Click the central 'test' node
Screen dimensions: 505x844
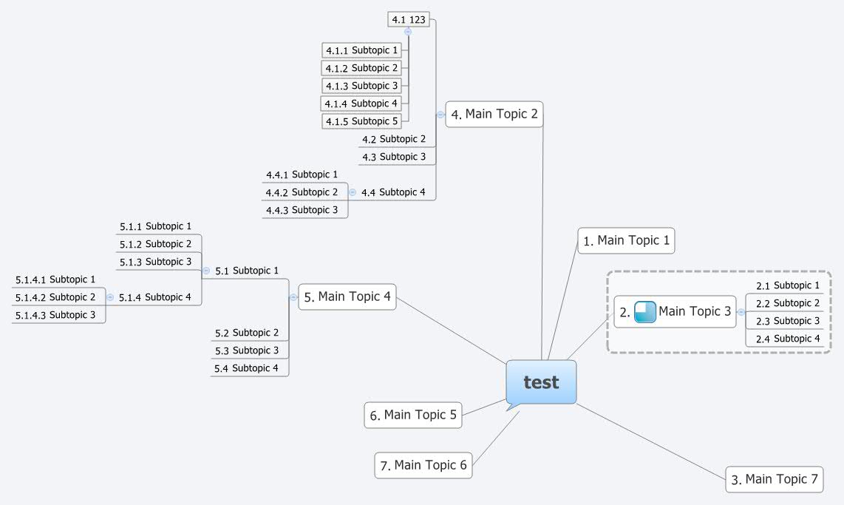[x=541, y=382]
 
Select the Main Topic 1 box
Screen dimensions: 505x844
[x=626, y=240]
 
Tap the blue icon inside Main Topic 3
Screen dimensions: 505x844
[x=645, y=312]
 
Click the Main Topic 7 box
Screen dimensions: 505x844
[x=774, y=479]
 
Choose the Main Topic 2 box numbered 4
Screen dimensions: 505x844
[x=494, y=115]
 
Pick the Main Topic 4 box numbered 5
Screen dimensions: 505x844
[x=347, y=296]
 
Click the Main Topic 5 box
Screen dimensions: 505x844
[x=413, y=415]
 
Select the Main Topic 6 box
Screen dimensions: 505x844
[x=423, y=465]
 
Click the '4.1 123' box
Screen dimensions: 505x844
[x=409, y=20]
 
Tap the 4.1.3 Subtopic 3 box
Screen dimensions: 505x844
[x=362, y=86]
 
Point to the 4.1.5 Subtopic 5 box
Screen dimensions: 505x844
[x=362, y=121]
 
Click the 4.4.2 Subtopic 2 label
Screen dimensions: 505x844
[x=302, y=192]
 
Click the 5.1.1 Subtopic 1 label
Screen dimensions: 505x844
[x=156, y=226]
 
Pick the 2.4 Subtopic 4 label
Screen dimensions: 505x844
[x=788, y=339]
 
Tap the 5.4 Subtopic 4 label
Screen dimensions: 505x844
[x=247, y=368]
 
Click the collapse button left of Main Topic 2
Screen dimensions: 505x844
[x=440, y=115]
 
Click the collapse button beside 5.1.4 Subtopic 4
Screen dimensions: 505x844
[x=110, y=297]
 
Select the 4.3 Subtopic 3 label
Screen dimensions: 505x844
[x=394, y=157]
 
